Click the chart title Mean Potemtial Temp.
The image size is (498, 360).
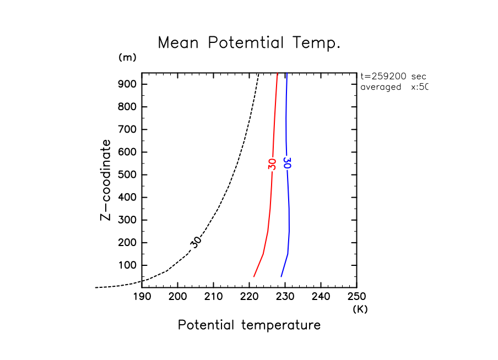(249, 43)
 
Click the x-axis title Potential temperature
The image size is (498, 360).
(249, 325)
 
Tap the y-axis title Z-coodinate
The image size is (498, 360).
(105, 180)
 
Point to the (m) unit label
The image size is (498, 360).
(127, 57)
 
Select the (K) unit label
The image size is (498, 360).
(360, 309)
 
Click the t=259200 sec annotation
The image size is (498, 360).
(393, 77)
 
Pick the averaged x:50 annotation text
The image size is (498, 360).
(393, 87)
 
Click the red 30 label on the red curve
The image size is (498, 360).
(272, 163)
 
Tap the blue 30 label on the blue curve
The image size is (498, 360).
(286, 163)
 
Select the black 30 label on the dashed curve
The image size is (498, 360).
(196, 241)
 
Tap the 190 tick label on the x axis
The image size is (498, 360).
(142, 297)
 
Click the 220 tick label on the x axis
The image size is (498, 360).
(249, 297)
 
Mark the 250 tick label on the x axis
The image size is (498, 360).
(356, 297)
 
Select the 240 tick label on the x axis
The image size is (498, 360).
(321, 297)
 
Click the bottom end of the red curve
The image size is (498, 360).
(254, 276)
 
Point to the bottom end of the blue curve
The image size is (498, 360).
(281, 276)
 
